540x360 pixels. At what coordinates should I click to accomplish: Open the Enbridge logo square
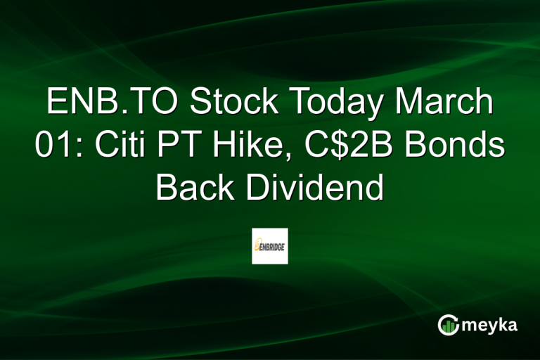pos(270,245)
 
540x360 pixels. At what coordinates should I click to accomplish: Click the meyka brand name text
pos(491,325)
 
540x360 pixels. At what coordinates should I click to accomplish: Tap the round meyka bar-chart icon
pos(448,325)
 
